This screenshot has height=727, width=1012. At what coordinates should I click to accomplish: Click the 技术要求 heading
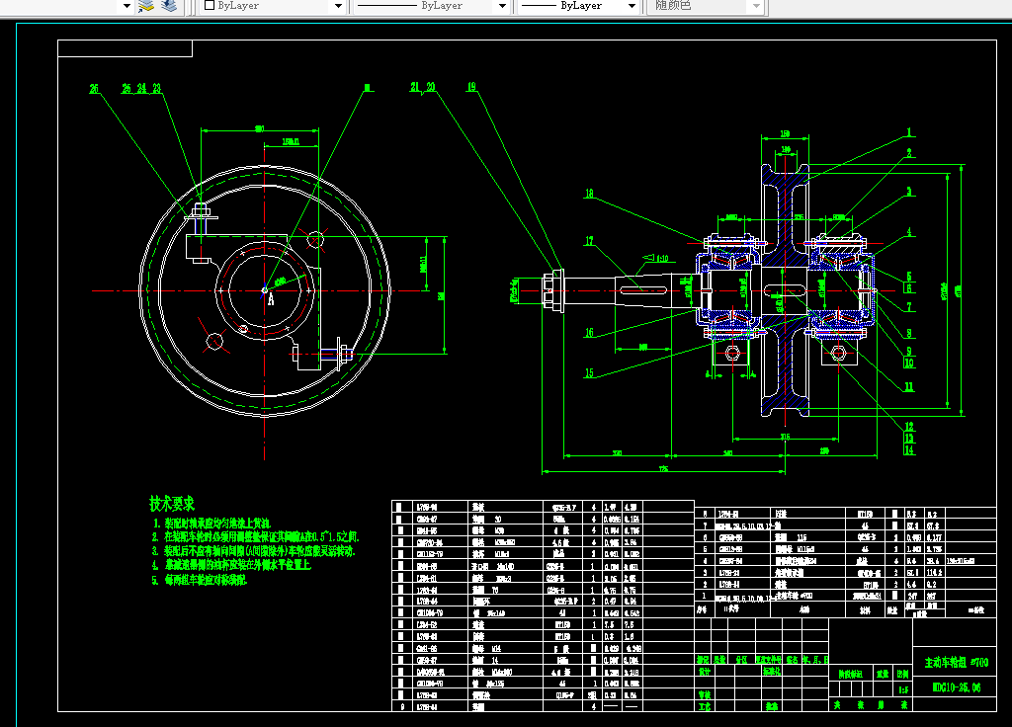(172, 504)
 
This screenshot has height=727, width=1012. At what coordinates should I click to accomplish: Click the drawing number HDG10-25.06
(956, 686)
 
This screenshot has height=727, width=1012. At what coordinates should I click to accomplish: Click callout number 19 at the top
(471, 87)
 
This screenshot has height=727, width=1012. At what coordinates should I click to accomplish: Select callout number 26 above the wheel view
(126, 88)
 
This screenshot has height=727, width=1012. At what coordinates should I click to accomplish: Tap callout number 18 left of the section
(589, 194)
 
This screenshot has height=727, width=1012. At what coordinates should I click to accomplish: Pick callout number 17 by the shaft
(589, 240)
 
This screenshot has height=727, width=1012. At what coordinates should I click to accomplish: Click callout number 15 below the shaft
(589, 372)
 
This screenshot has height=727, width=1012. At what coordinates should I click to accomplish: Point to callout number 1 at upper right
(909, 131)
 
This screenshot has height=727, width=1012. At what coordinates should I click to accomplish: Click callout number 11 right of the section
(909, 386)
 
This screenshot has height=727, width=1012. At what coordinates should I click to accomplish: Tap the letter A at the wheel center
(270, 300)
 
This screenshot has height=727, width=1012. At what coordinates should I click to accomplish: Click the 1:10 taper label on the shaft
(662, 260)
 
